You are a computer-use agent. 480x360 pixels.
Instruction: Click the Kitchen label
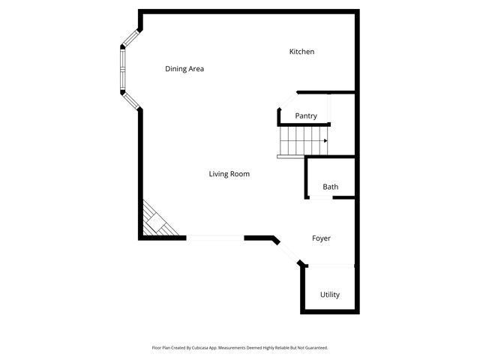coord(301,52)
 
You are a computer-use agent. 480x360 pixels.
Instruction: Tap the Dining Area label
coord(184,69)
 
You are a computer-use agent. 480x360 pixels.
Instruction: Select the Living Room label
coord(229,174)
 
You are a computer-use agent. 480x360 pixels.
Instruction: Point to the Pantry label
coord(306,116)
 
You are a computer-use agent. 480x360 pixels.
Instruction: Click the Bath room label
coord(330,187)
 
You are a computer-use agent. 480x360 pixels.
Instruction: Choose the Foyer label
coord(321,238)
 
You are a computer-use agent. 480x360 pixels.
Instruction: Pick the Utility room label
coord(330,295)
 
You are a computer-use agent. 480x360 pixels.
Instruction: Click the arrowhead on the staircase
coord(325,140)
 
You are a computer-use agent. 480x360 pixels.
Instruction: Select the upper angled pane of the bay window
coord(130,38)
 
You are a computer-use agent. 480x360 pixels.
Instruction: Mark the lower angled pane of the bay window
coord(130,100)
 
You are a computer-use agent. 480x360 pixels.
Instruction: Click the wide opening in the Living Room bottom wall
coord(215,238)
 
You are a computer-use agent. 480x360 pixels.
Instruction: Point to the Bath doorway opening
coord(320,197)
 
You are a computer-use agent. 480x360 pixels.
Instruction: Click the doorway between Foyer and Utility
coord(330,266)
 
